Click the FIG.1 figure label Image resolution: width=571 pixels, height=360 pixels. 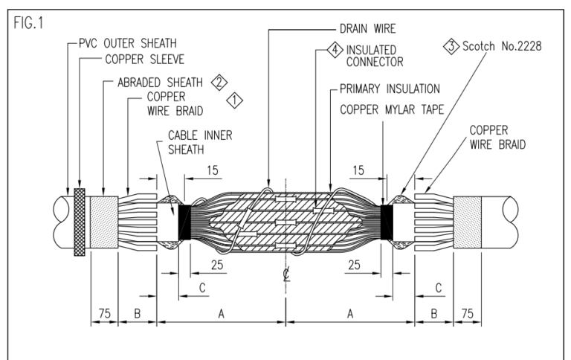(28, 19)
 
